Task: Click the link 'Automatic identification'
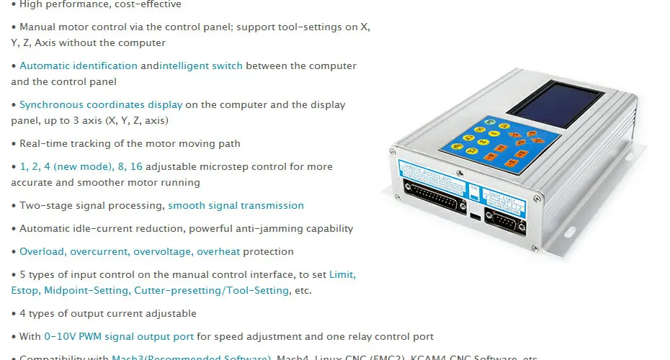point(79,66)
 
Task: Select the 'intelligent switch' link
point(202,66)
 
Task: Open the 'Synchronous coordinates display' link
point(101,104)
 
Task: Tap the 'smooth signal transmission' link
point(236,205)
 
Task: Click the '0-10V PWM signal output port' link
point(119,336)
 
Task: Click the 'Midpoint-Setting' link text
point(86,290)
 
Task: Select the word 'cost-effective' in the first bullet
point(148,4)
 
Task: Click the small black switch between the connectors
point(474,215)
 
